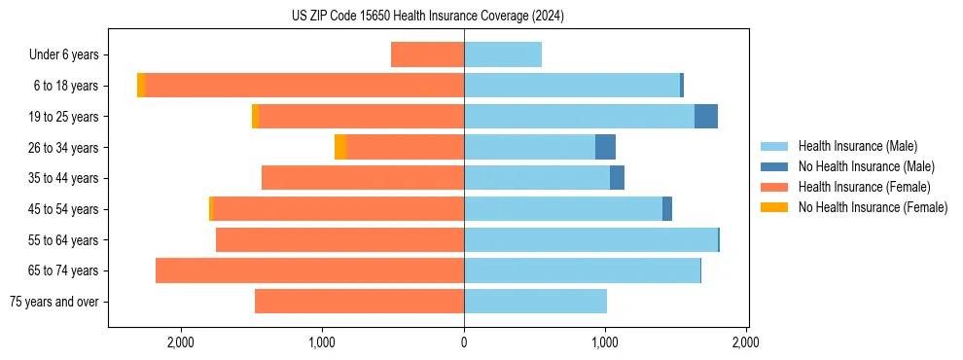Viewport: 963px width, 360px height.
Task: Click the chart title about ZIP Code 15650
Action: click(428, 17)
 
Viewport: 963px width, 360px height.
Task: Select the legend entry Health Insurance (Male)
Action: click(852, 146)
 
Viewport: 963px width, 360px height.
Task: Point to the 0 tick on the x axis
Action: click(464, 342)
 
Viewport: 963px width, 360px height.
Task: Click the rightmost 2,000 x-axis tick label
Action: click(746, 342)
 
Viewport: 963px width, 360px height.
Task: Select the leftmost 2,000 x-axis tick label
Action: click(181, 342)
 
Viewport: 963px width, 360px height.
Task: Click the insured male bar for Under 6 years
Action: click(503, 54)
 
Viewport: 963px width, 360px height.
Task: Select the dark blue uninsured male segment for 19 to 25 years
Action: click(706, 117)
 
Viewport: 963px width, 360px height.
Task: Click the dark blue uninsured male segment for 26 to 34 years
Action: click(605, 147)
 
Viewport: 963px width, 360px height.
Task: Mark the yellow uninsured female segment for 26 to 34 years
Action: click(340, 147)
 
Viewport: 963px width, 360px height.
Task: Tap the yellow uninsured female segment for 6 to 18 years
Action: click(141, 86)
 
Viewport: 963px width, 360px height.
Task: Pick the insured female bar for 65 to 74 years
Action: click(309, 270)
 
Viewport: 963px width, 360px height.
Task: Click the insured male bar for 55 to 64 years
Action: click(590, 239)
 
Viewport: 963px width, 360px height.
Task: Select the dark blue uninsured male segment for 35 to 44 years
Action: click(617, 178)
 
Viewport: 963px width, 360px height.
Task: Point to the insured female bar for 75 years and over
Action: click(359, 302)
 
